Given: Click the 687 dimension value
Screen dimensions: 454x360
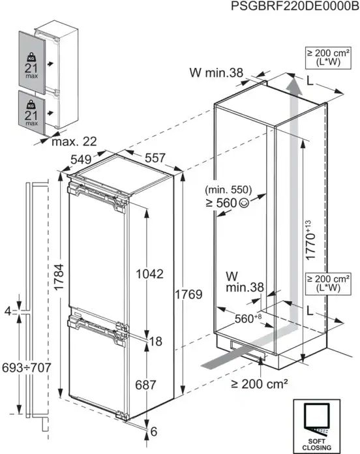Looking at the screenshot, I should click(147, 386).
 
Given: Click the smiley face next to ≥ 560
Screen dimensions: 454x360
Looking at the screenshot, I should click(244, 203).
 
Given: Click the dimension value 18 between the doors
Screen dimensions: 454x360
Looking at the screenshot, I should click(155, 341).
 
